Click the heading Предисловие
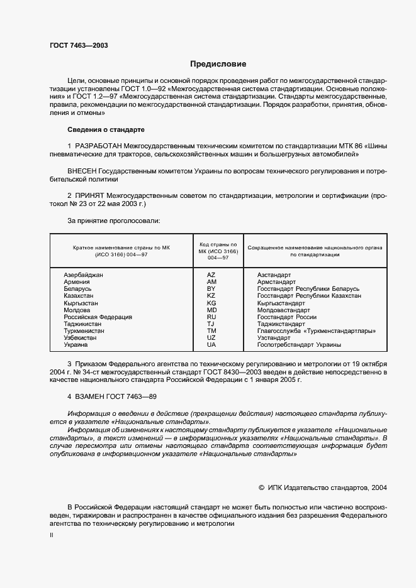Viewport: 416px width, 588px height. click(x=218, y=64)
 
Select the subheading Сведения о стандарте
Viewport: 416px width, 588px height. click(x=106, y=130)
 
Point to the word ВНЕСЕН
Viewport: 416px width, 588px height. click(x=82, y=171)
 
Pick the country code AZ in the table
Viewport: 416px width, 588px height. click(x=211, y=276)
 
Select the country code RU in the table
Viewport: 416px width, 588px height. click(x=211, y=317)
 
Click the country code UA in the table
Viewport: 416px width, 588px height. click(x=211, y=345)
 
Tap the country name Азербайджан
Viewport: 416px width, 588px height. click(x=84, y=276)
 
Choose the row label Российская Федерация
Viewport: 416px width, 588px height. click(x=98, y=317)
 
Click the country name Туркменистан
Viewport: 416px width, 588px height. click(x=84, y=331)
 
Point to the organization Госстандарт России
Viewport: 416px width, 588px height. click(x=286, y=317)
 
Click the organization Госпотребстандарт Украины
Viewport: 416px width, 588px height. click(x=299, y=345)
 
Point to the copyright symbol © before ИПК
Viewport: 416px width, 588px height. click(x=262, y=487)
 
